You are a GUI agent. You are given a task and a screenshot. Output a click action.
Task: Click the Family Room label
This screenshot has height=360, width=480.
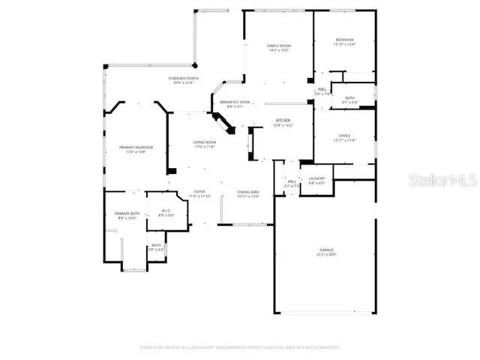pyautogui.click(x=278, y=46)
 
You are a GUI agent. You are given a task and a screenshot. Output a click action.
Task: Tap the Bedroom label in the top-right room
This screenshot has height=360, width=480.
pyautogui.click(x=344, y=40)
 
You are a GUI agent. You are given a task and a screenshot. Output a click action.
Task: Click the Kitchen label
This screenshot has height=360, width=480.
pyautogui.click(x=283, y=122)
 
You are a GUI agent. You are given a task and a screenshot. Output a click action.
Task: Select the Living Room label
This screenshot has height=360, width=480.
pyautogui.click(x=205, y=143)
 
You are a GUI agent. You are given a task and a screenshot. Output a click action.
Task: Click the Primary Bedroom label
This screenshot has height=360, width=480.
pyautogui.click(x=135, y=148)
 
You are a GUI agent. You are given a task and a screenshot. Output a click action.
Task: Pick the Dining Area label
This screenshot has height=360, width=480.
pyautogui.click(x=247, y=193)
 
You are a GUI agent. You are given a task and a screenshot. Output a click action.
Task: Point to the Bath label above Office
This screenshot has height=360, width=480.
pyautogui.click(x=350, y=99)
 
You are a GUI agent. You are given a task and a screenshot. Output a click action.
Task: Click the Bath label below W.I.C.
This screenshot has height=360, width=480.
pyautogui.click(x=156, y=246)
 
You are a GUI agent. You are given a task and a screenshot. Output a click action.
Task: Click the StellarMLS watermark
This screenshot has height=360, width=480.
pyautogui.click(x=444, y=181)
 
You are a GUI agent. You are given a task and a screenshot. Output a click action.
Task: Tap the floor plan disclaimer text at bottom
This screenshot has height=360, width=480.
pyautogui.click(x=240, y=347)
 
